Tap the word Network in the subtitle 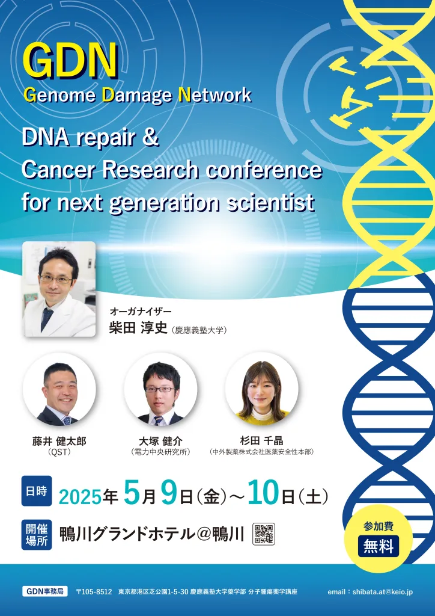tap(214, 95)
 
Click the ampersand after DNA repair tap(150, 138)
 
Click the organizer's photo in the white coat tap(59, 289)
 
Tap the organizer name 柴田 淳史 tap(138, 328)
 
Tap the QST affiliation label tap(59, 452)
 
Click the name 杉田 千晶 tap(261, 441)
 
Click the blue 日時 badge tap(37, 491)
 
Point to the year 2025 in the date tap(80, 497)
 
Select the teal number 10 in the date tap(263, 494)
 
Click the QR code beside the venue tap(264, 534)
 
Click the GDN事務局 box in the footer tap(44, 591)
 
